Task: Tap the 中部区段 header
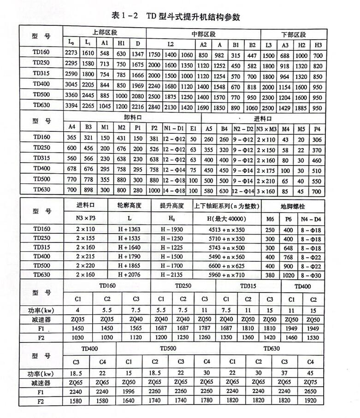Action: coord(203,34)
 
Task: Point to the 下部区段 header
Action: coord(294,35)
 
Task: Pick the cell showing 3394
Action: coord(71,105)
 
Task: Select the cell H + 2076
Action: coord(130,275)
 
